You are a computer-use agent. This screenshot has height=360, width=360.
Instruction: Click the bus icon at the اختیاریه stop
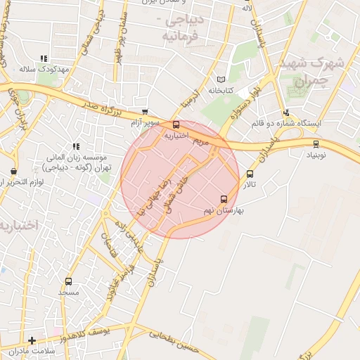(x=176, y=124)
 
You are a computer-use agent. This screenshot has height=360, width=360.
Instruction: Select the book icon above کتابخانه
(x=222, y=79)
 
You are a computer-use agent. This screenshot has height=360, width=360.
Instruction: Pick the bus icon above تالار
(x=250, y=174)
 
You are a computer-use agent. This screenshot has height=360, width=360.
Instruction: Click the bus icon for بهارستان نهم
(x=224, y=199)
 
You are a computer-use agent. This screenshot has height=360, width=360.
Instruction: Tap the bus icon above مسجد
(x=68, y=281)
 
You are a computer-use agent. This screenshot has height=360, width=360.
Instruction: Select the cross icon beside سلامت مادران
(x=32, y=340)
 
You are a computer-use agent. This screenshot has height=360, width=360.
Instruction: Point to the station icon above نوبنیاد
(x=316, y=143)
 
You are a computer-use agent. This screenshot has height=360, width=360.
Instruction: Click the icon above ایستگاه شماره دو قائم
(x=286, y=112)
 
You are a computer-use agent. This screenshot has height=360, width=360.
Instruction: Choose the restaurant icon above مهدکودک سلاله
(x=44, y=59)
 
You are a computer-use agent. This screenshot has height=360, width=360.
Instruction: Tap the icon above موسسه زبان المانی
(x=76, y=146)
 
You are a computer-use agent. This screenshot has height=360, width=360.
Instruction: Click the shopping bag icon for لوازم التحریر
(x=13, y=171)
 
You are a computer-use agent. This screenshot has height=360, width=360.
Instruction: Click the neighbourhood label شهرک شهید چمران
(x=310, y=72)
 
